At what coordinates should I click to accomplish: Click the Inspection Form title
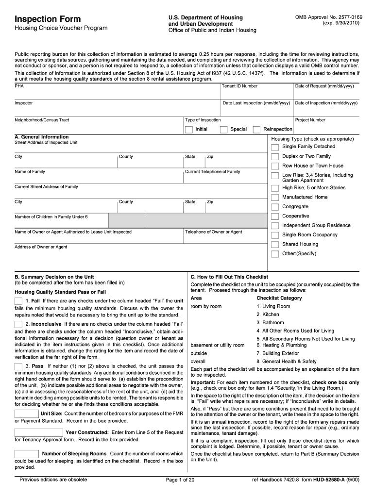click(48, 19)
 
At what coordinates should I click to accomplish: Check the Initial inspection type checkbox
click(189, 130)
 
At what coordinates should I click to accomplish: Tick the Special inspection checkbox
click(223, 130)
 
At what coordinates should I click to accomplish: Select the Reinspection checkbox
click(257, 130)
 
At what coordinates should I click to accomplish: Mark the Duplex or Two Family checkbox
click(275, 157)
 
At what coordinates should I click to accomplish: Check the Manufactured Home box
click(275, 198)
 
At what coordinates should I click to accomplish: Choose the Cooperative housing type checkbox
click(275, 216)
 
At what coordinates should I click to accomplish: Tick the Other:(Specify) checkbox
click(275, 254)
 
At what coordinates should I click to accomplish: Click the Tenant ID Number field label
click(239, 86)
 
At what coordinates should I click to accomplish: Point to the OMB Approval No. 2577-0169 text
click(328, 17)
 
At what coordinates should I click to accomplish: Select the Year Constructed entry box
click(39, 432)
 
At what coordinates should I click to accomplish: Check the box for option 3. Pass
click(18, 366)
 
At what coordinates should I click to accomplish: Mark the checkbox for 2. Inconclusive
click(18, 324)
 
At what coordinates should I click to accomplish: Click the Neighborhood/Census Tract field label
click(42, 120)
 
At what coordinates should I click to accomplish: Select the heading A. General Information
click(42, 137)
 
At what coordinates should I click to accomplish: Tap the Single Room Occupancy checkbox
click(275, 235)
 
